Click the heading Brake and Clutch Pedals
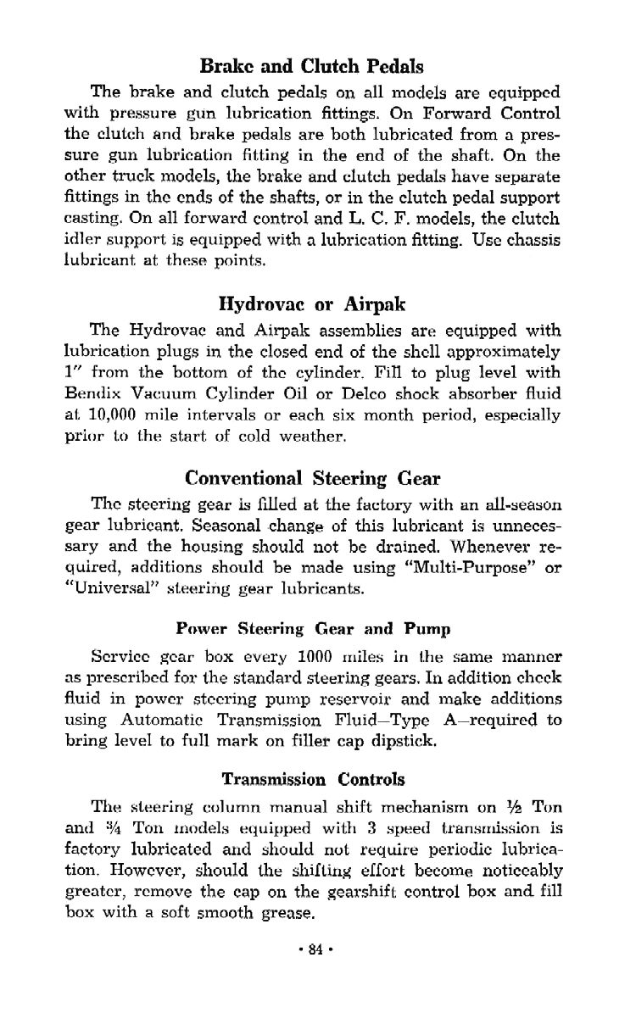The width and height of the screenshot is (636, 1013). coord(310,65)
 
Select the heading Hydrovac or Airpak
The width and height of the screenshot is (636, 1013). coord(310,303)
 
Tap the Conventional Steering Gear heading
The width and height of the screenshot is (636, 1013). coord(310,480)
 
